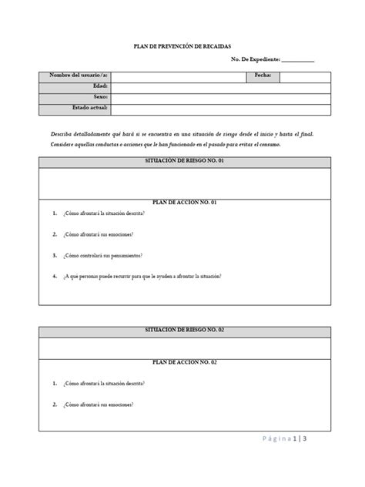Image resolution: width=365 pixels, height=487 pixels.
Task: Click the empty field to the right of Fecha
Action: coord(306,76)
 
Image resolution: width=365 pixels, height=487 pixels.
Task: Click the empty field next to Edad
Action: coord(220,86)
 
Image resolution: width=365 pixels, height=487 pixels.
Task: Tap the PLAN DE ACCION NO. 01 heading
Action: coord(186,201)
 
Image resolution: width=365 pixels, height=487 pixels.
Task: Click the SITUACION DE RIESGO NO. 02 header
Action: coord(186,329)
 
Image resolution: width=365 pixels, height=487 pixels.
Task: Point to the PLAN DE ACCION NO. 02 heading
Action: coord(186,361)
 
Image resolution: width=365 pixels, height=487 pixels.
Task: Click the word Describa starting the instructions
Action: coord(63,133)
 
